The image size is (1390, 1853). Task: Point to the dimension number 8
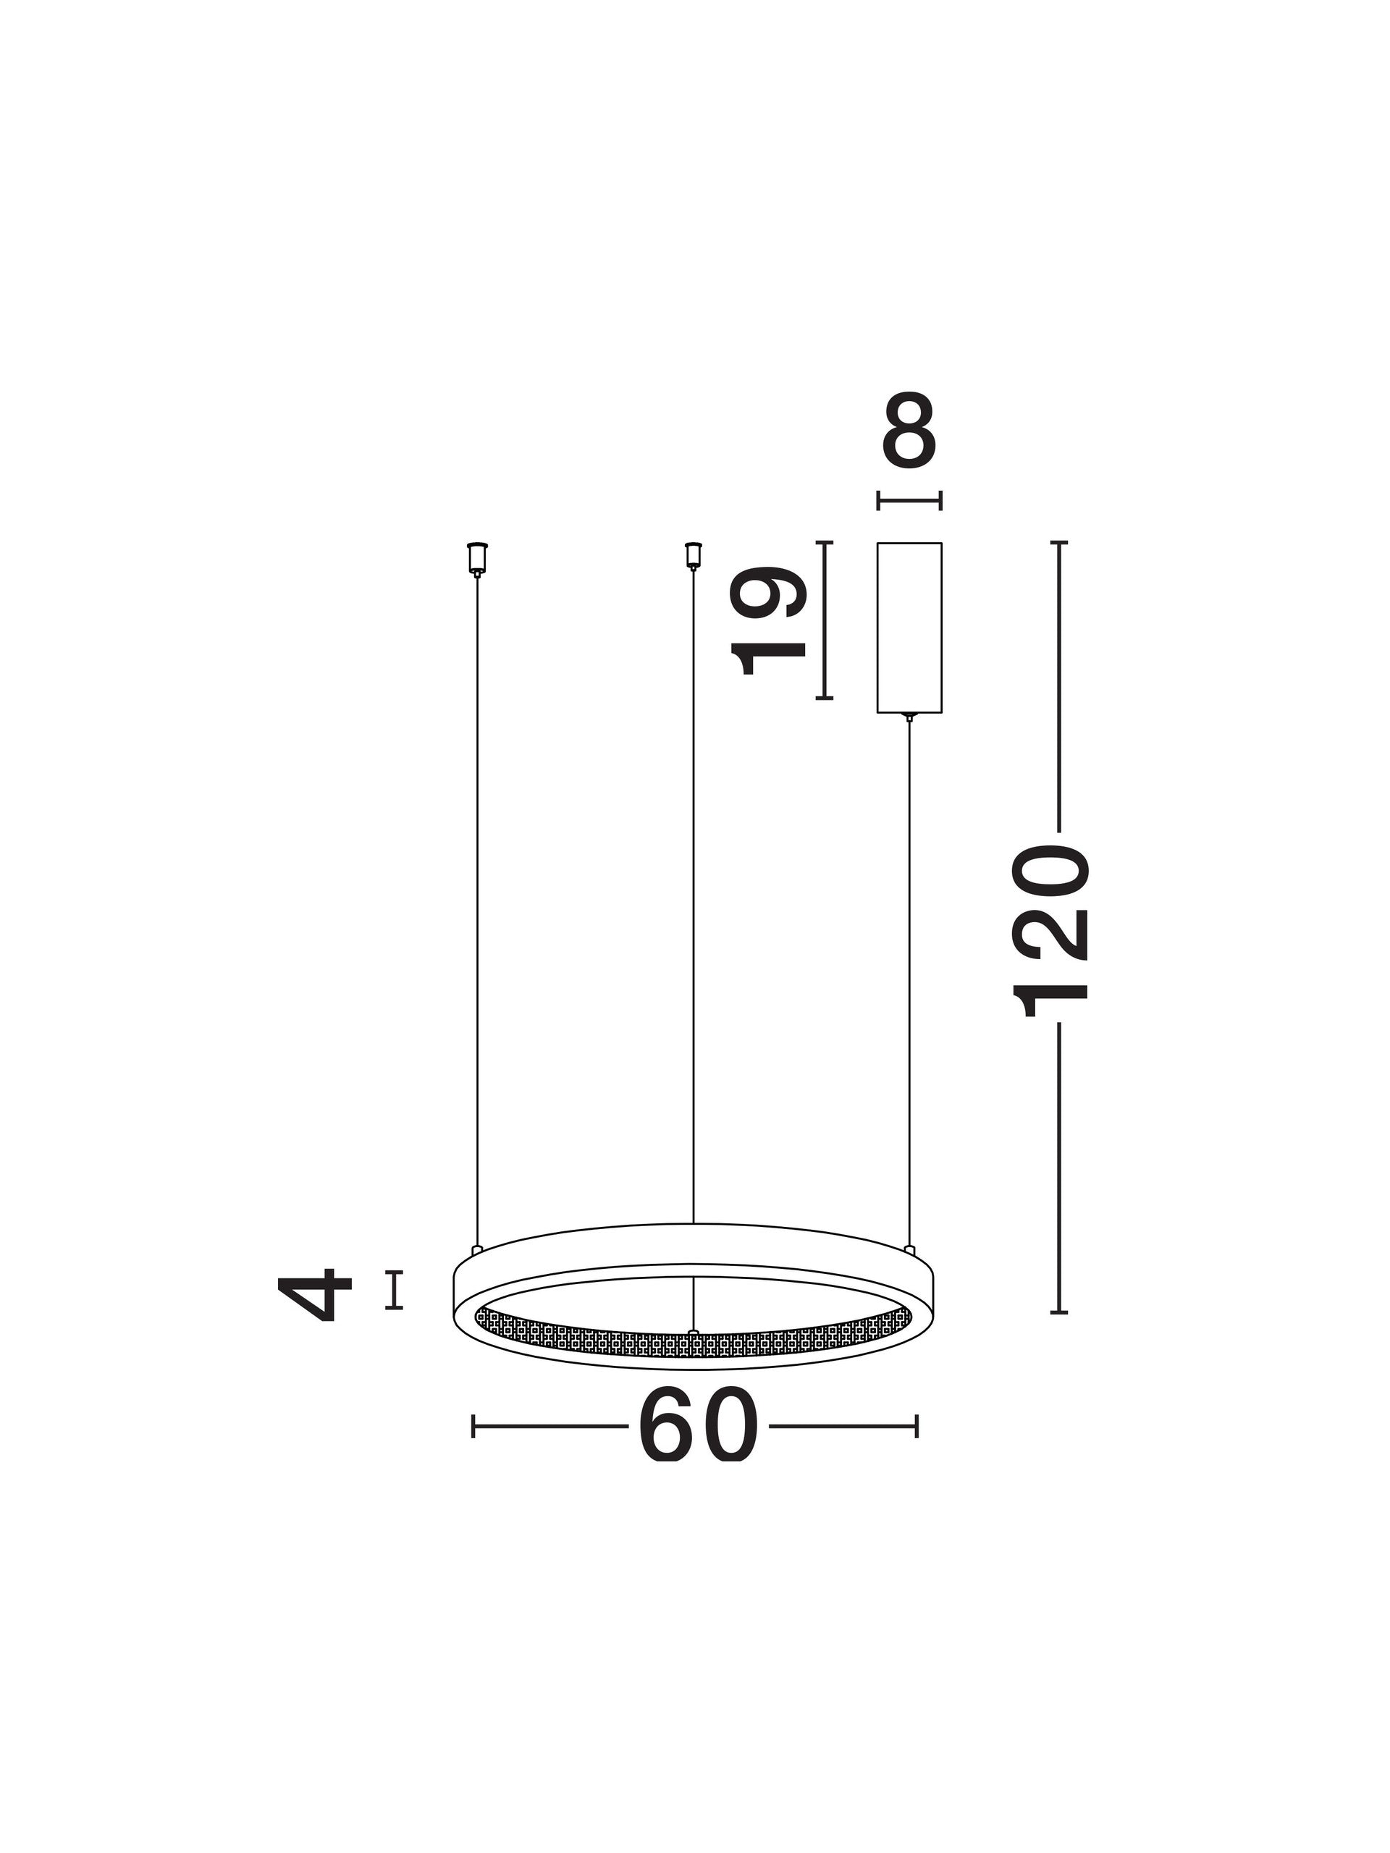[x=909, y=430]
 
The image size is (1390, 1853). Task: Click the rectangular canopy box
[x=909, y=628]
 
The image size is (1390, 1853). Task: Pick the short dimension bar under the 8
[x=909, y=501]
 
